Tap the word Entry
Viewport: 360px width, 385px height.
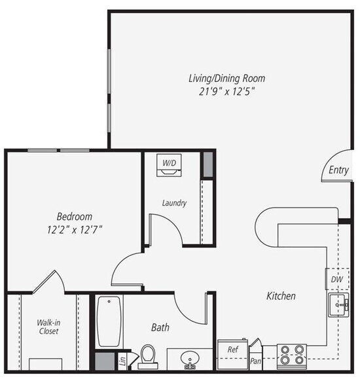[x=338, y=170]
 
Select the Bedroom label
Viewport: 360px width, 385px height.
[x=74, y=216]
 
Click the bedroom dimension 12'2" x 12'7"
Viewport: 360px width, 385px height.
[x=74, y=229]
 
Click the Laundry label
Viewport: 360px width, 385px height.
[x=174, y=203]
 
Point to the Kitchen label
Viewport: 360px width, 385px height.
[x=281, y=296]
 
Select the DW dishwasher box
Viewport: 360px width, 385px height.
[x=336, y=280]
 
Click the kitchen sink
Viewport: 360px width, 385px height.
[x=338, y=304]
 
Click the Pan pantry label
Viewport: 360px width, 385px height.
[x=256, y=360]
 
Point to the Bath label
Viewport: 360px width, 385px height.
[x=161, y=327]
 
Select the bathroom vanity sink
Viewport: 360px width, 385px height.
[x=190, y=359]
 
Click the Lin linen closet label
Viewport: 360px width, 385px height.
[x=122, y=360]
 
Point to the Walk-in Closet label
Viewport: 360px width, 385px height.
[x=48, y=327]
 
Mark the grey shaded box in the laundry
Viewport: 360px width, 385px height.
[x=207, y=164]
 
